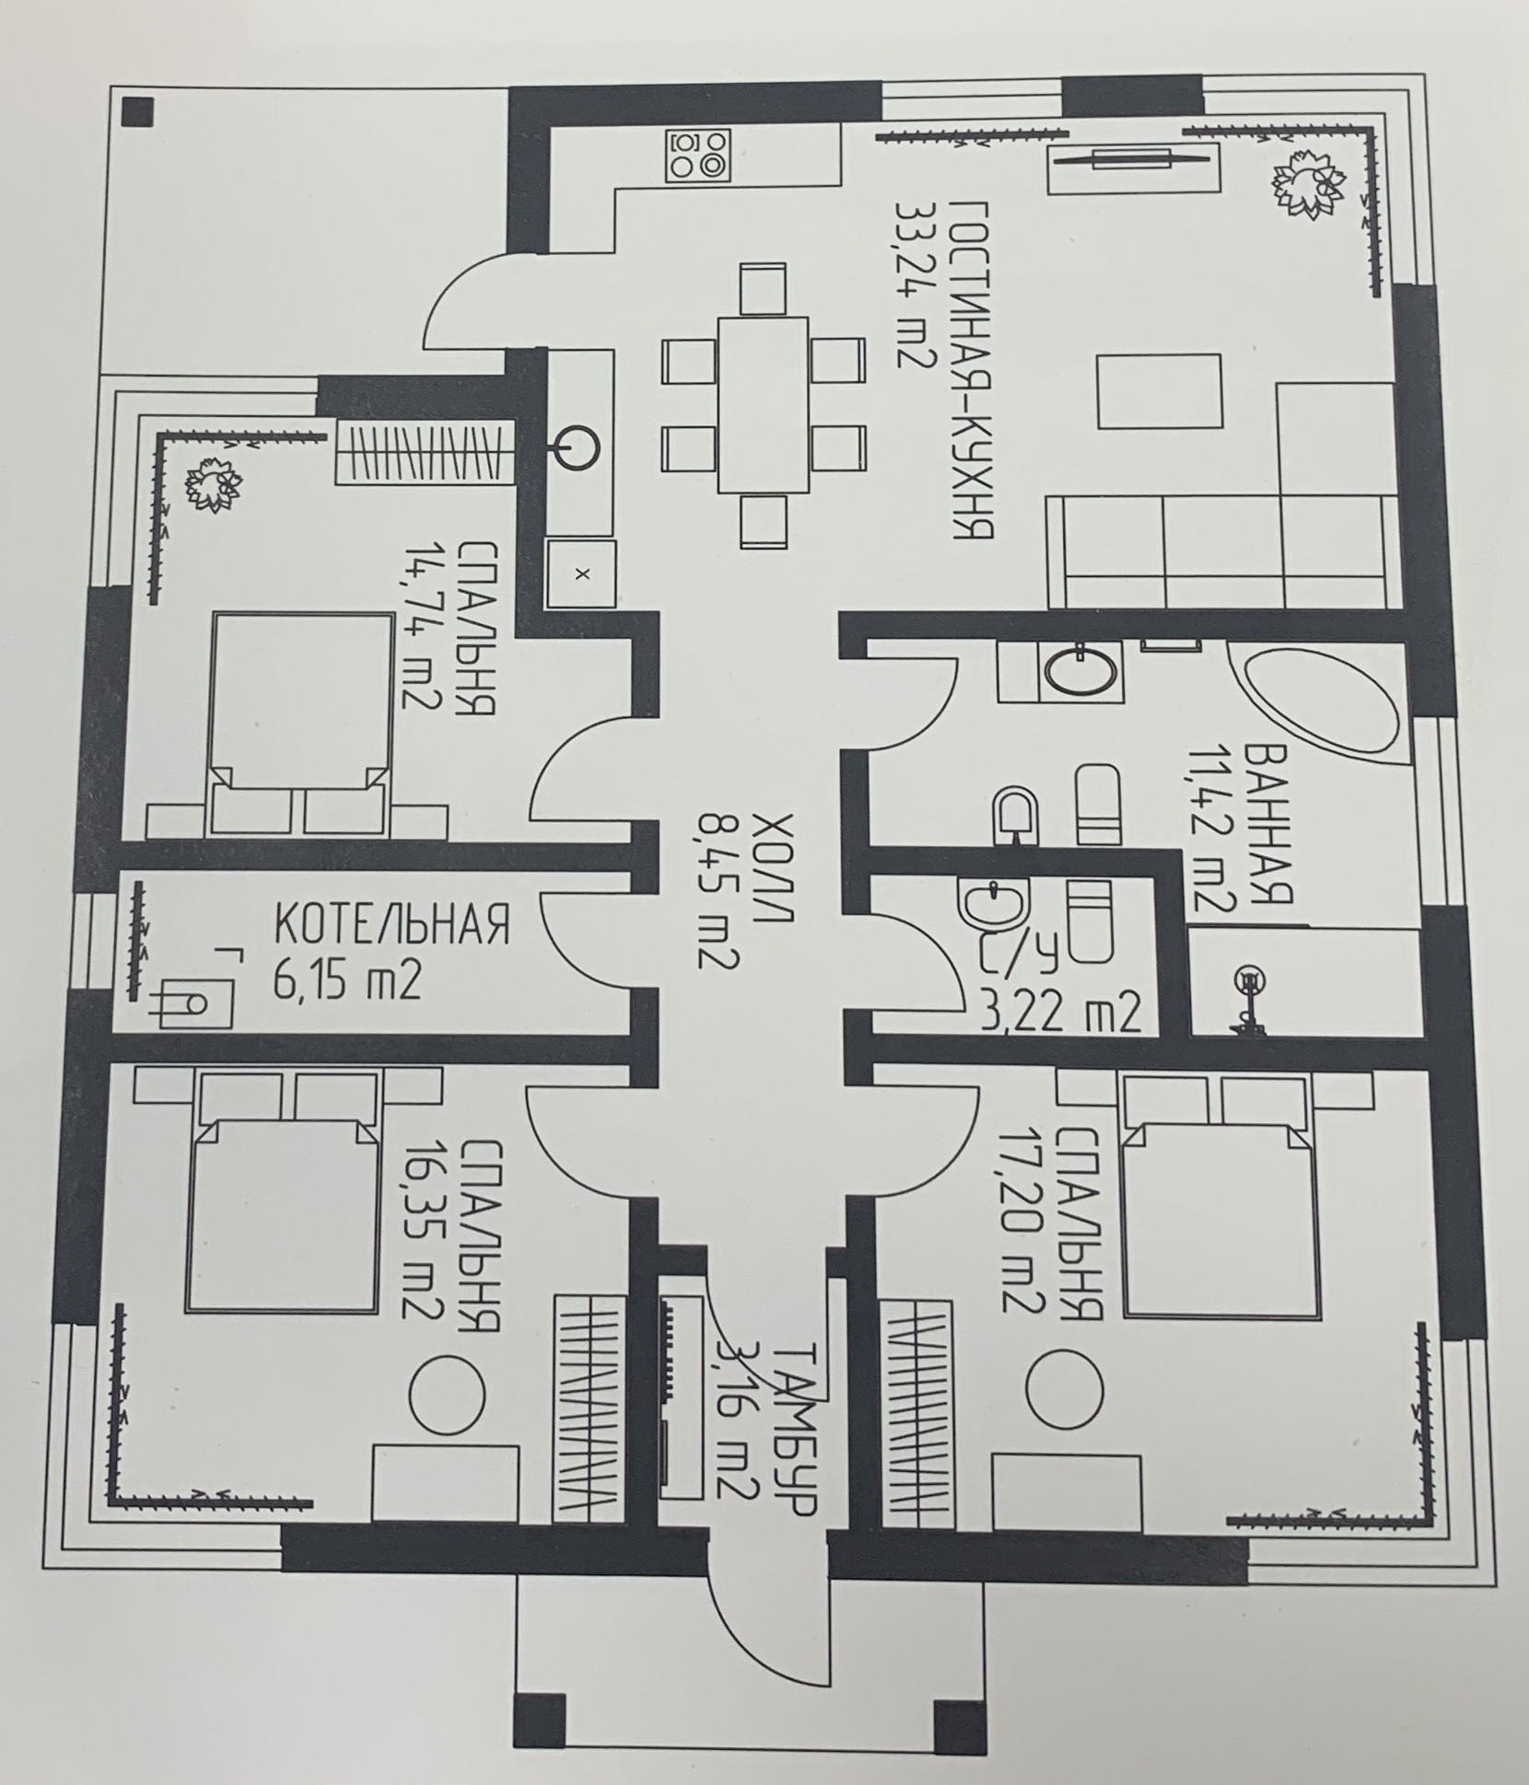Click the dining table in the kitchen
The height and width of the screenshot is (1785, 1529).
point(762,405)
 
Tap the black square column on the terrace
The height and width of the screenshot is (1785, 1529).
point(139,113)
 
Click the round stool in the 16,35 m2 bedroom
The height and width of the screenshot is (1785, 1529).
point(447,1392)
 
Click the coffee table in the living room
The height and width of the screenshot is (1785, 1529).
point(1159,390)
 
